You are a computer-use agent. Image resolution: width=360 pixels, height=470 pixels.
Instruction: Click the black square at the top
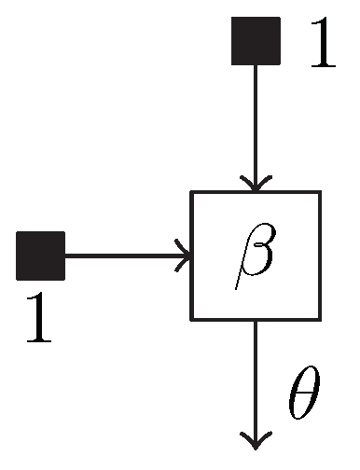(256, 41)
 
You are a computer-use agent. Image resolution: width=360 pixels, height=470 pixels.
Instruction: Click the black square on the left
(41, 256)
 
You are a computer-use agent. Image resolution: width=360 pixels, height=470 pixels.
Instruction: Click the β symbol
(255, 254)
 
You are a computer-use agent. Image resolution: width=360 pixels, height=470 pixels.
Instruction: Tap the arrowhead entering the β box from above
(256, 183)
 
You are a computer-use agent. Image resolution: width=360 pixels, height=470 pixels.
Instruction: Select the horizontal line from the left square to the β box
(121, 256)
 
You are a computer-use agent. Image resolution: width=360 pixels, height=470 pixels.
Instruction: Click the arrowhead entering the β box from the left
(183, 256)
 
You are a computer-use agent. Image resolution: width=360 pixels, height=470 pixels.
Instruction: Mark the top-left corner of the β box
(192, 192)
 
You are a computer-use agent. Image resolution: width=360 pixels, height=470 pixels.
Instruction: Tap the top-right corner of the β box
(320, 192)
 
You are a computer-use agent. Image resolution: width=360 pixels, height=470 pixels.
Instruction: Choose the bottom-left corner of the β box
(192, 319)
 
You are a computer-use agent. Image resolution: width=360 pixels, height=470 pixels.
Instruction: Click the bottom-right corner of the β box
(320, 319)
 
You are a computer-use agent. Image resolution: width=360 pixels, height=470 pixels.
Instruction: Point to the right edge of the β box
(320, 256)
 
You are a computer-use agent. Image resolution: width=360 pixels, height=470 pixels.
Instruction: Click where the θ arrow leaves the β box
(256, 320)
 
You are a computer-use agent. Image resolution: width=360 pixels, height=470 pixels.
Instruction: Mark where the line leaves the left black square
(65, 256)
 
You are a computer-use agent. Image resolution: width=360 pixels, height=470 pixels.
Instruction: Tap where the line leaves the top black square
(256, 65)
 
